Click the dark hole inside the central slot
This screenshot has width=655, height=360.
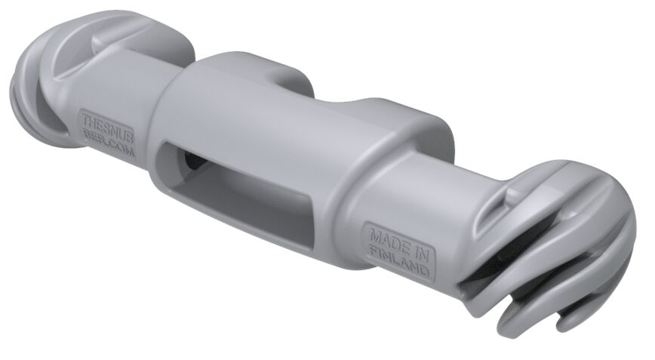tap(192, 161)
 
